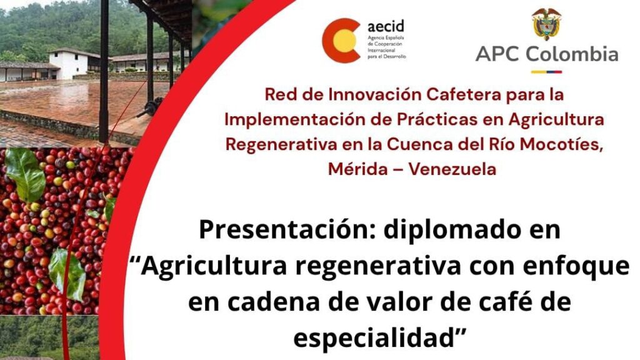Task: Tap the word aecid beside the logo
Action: (386, 26)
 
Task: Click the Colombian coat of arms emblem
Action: (546, 23)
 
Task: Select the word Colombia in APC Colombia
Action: (572, 54)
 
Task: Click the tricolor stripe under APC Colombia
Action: (546, 72)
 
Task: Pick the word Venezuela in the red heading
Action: (452, 169)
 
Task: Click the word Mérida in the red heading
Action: (358, 169)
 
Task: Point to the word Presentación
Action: (288, 230)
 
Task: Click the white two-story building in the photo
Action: (69, 64)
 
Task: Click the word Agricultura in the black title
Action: (216, 266)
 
